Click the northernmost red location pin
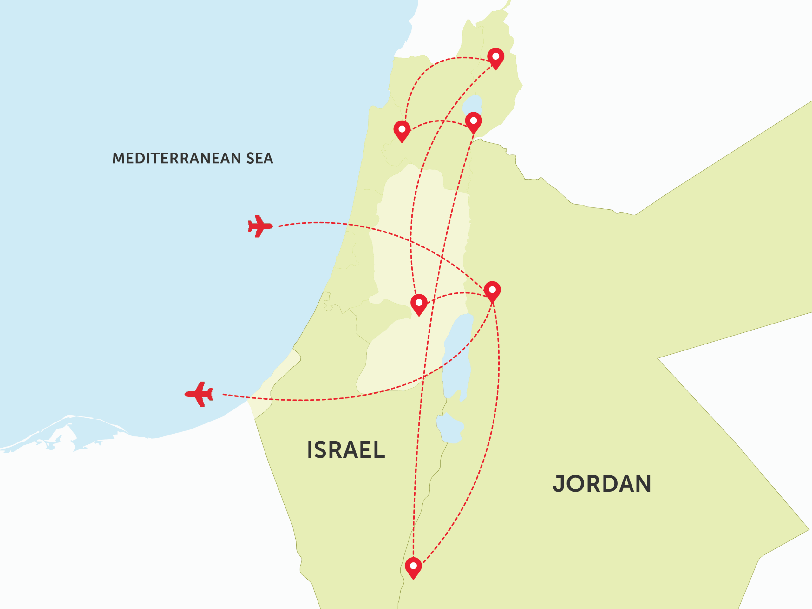(495, 58)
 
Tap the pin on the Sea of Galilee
(474, 122)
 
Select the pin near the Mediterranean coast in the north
(402, 130)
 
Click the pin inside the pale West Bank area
(419, 304)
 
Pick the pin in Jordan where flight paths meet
(492, 291)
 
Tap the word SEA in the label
(259, 158)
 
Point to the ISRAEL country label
(346, 450)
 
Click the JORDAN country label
(602, 484)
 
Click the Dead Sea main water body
(457, 352)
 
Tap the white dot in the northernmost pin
(495, 56)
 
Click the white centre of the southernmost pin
(413, 566)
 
